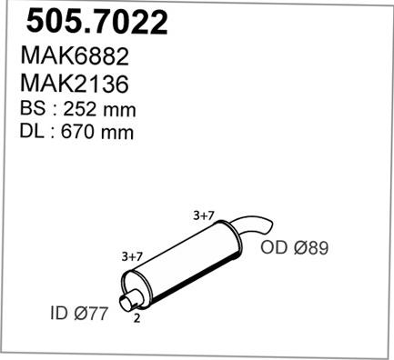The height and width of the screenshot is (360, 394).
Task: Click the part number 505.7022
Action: pyautogui.click(x=96, y=22)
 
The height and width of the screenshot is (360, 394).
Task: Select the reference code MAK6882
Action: pyautogui.click(x=75, y=56)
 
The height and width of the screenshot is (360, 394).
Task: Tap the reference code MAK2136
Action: pyautogui.click(x=75, y=84)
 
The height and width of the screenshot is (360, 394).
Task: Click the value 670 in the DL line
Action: pyautogui.click(x=78, y=132)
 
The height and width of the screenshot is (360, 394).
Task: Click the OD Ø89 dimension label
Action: pyautogui.click(x=295, y=247)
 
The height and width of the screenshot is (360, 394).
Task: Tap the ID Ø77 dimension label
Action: pyautogui.click(x=79, y=313)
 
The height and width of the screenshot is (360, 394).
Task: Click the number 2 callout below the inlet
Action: pyautogui.click(x=136, y=318)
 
